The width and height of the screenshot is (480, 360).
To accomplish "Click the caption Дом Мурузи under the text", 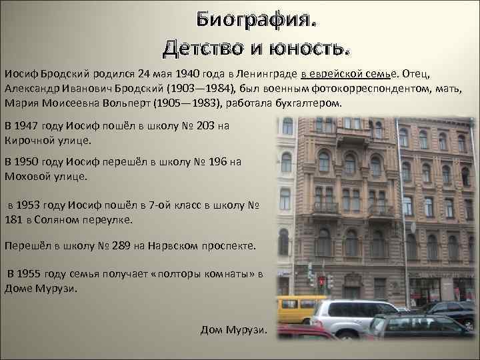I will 233,331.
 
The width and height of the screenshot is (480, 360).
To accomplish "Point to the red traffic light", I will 321,281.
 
